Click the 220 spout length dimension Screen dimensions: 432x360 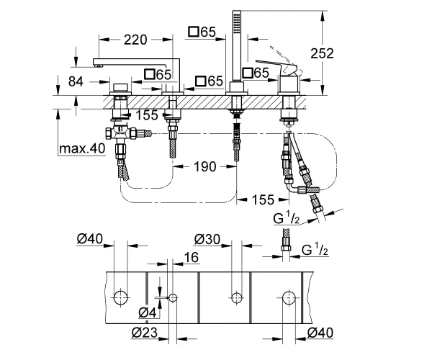pyautogui.click(x=135, y=40)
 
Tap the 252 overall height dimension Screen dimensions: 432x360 pyautogui.click(x=322, y=53)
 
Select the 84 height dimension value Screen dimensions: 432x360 pyautogui.click(x=76, y=81)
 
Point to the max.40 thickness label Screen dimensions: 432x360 pyautogui.click(x=82, y=149)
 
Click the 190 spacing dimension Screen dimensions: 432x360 pyautogui.click(x=205, y=166)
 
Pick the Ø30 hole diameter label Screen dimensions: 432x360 pyautogui.click(x=207, y=239)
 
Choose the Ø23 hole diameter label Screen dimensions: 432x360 pyautogui.click(x=145, y=333)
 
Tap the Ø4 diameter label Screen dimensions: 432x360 pyautogui.click(x=148, y=312)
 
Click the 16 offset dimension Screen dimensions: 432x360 pyautogui.click(x=192, y=258)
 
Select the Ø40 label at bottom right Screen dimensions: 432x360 pyautogui.click(x=320, y=333)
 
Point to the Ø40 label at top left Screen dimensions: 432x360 pyautogui.click(x=89, y=238)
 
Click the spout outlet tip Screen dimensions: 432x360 pyautogui.click(x=96, y=66)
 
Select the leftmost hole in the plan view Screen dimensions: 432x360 pyautogui.click(x=121, y=297)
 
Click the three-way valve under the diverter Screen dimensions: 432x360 pyautogui.click(x=120, y=132)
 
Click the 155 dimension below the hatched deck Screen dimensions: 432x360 pyautogui.click(x=147, y=115)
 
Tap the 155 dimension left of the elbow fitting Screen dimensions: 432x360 pyautogui.click(x=263, y=199)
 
